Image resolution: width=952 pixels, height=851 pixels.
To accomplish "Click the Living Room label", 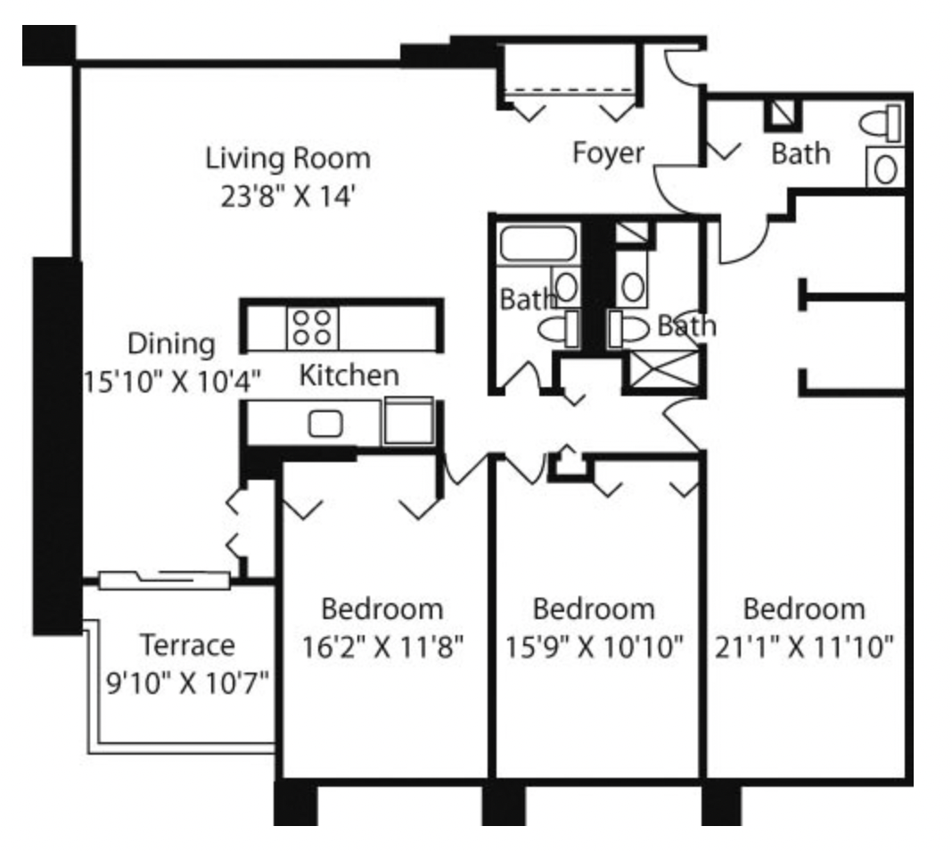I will (x=288, y=159).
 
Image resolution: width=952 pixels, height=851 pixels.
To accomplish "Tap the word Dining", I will (x=171, y=343).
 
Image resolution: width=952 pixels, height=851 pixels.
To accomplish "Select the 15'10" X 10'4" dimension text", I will (x=171, y=379).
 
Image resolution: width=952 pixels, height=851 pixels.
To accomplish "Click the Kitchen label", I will (x=348, y=375).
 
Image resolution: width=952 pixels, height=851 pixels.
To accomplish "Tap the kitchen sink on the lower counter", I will (x=324, y=423).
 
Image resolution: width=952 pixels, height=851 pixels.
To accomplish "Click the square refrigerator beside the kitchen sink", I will (x=408, y=421).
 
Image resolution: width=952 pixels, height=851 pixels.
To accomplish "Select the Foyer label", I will (x=608, y=153).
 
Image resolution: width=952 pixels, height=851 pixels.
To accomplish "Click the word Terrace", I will (x=187, y=643).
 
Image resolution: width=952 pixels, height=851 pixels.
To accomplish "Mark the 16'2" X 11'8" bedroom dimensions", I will (x=382, y=647).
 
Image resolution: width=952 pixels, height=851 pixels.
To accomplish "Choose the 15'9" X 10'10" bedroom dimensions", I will (x=593, y=647).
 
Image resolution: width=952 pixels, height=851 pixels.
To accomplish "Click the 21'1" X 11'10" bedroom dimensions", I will (x=804, y=647).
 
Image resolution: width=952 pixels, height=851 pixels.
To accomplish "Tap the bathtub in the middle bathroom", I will (x=537, y=244).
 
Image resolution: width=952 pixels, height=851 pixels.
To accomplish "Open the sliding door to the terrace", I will (x=165, y=580).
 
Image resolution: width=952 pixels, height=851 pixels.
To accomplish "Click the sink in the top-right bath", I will (x=884, y=169).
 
